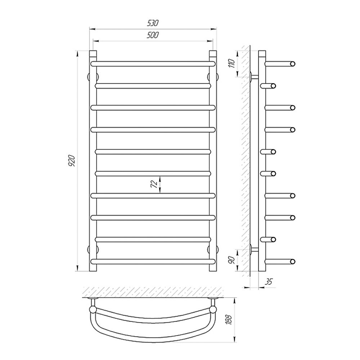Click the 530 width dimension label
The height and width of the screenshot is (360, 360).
153,23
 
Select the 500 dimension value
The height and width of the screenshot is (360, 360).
153,35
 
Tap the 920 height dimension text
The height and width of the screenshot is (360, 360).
72,161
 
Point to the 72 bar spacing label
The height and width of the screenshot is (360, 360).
154,184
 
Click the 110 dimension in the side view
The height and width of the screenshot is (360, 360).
232,63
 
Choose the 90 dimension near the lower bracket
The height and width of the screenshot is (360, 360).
232,260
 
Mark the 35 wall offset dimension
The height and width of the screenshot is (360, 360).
269,282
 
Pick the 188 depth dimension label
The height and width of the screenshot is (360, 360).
229,320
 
